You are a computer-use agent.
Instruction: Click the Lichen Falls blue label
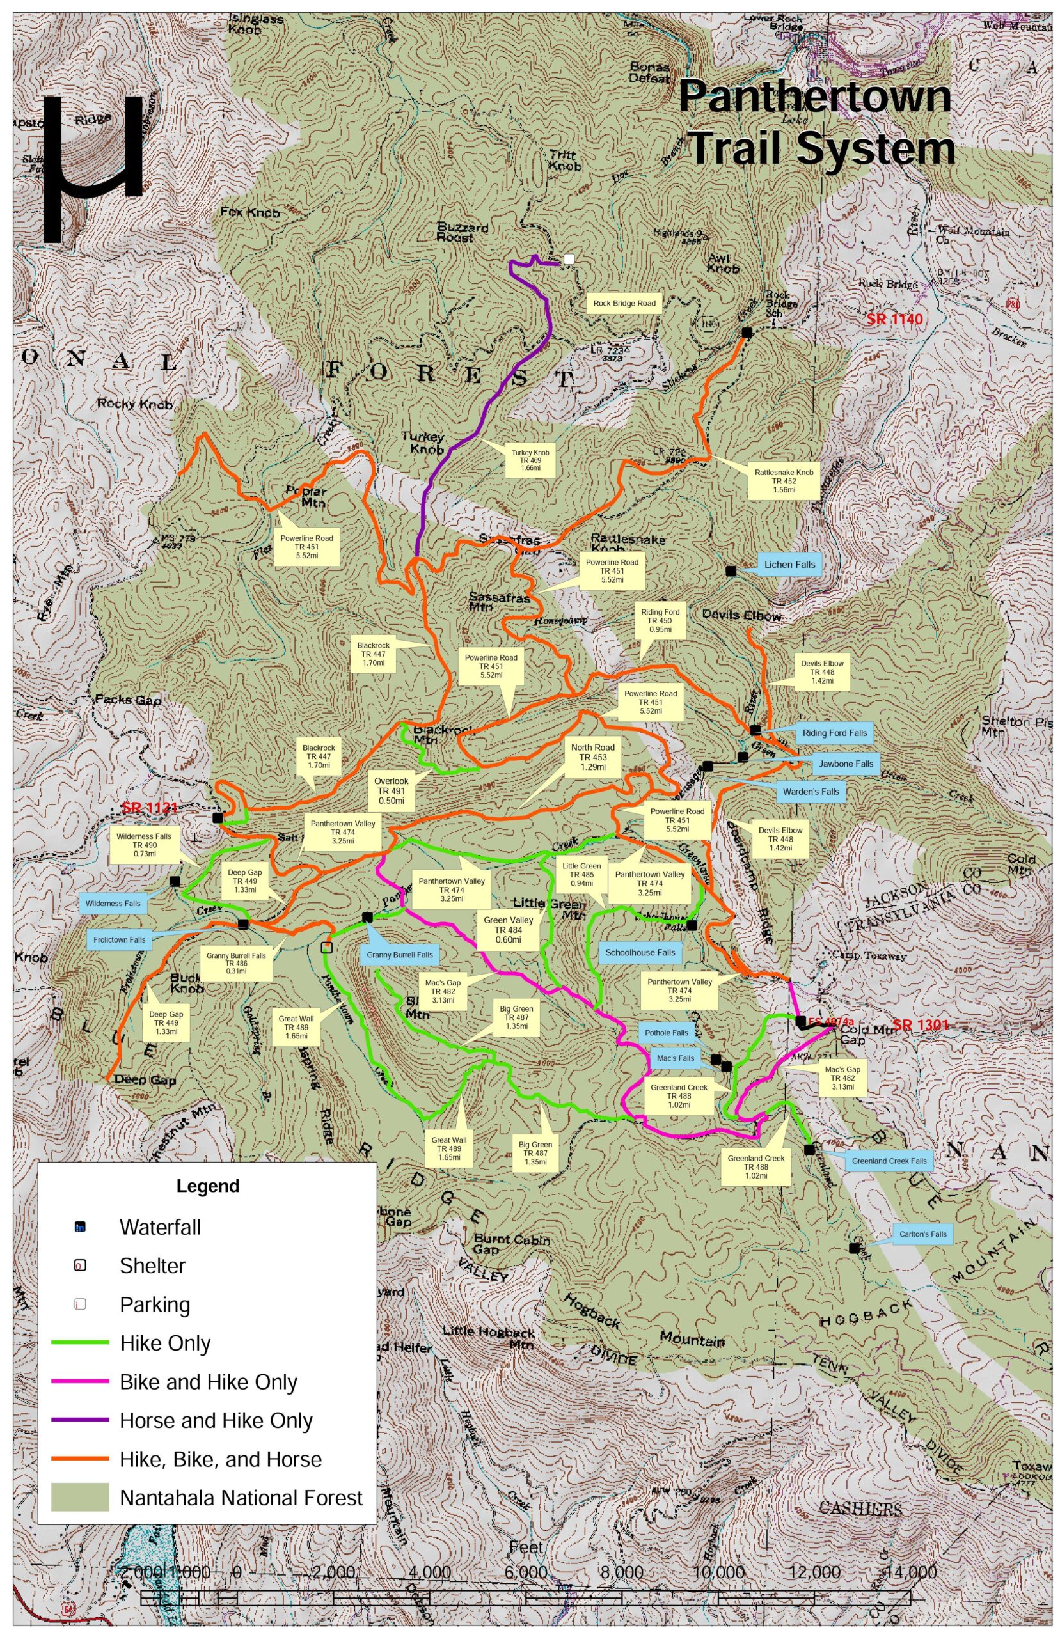(x=789, y=565)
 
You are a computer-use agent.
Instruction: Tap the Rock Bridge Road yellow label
(x=624, y=303)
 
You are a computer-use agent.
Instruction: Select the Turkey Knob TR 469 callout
(x=526, y=460)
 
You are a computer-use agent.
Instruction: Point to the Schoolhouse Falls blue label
(x=640, y=953)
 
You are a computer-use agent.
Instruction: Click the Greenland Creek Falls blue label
(x=889, y=1161)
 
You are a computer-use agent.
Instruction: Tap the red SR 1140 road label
(x=894, y=320)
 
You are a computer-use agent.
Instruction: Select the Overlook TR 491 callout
(x=391, y=790)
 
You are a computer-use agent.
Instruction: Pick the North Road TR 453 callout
(x=592, y=756)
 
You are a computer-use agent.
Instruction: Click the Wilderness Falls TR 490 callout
(x=144, y=845)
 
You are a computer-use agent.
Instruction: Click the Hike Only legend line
(x=80, y=1342)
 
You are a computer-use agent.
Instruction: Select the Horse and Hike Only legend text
(x=216, y=1420)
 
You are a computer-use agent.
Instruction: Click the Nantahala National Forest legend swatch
(x=80, y=1497)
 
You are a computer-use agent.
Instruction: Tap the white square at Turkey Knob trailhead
(x=569, y=258)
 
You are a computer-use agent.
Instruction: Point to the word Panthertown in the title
(x=814, y=97)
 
